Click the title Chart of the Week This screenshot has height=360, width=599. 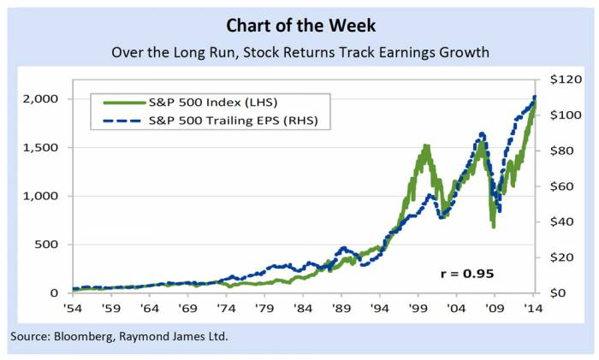pyautogui.click(x=300, y=21)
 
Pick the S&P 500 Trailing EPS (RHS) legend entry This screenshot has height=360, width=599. pyautogui.click(x=227, y=121)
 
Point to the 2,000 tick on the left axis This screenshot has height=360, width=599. pyautogui.click(x=39, y=99)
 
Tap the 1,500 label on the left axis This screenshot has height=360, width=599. pyautogui.click(x=39, y=148)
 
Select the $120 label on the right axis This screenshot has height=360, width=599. pyautogui.click(x=557, y=80)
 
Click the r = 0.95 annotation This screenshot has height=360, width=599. pyautogui.click(x=466, y=274)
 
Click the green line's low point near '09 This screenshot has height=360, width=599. pyautogui.click(x=494, y=226)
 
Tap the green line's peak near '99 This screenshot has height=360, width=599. pyautogui.click(x=425, y=146)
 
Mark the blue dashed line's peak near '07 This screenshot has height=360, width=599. pyautogui.click(x=482, y=133)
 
